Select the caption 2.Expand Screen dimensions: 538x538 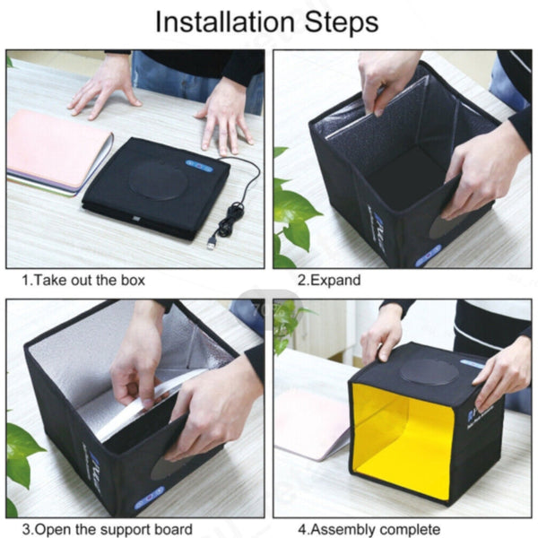pos(329,281)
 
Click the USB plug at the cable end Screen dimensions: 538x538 pos(212,242)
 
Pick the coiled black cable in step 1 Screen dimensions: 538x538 pos(235,216)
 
